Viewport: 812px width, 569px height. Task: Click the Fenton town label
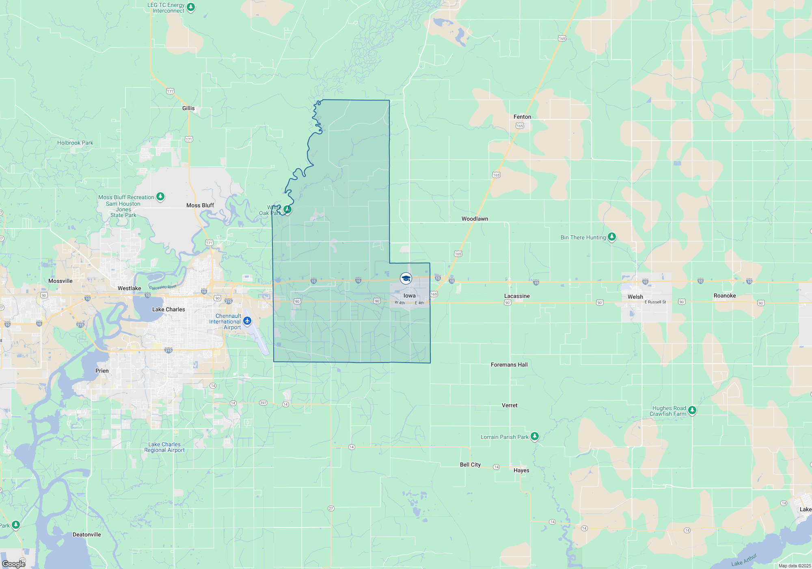(522, 117)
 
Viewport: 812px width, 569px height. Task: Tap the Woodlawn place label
(475, 219)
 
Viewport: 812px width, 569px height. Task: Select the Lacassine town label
(517, 296)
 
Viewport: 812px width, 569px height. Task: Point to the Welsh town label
(635, 297)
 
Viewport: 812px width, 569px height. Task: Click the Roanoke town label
(725, 295)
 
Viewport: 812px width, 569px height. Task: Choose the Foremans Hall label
(509, 365)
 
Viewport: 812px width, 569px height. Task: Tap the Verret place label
(510, 405)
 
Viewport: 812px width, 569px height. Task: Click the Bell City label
(470, 465)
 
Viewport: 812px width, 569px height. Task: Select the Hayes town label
(521, 470)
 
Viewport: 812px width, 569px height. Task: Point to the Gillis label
(188, 108)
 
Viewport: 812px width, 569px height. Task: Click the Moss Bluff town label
(200, 205)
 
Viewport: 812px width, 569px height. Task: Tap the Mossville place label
(60, 281)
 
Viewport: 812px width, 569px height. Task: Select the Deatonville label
(87, 534)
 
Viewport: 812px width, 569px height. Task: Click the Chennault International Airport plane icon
(247, 321)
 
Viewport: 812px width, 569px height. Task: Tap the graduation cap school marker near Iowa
(406, 278)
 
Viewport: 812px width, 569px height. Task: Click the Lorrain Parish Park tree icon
(535, 437)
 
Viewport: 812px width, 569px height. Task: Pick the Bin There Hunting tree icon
(612, 237)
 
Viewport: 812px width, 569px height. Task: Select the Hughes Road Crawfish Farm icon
(692, 410)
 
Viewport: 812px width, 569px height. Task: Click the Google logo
(14, 564)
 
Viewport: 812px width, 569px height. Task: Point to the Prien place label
(102, 371)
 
